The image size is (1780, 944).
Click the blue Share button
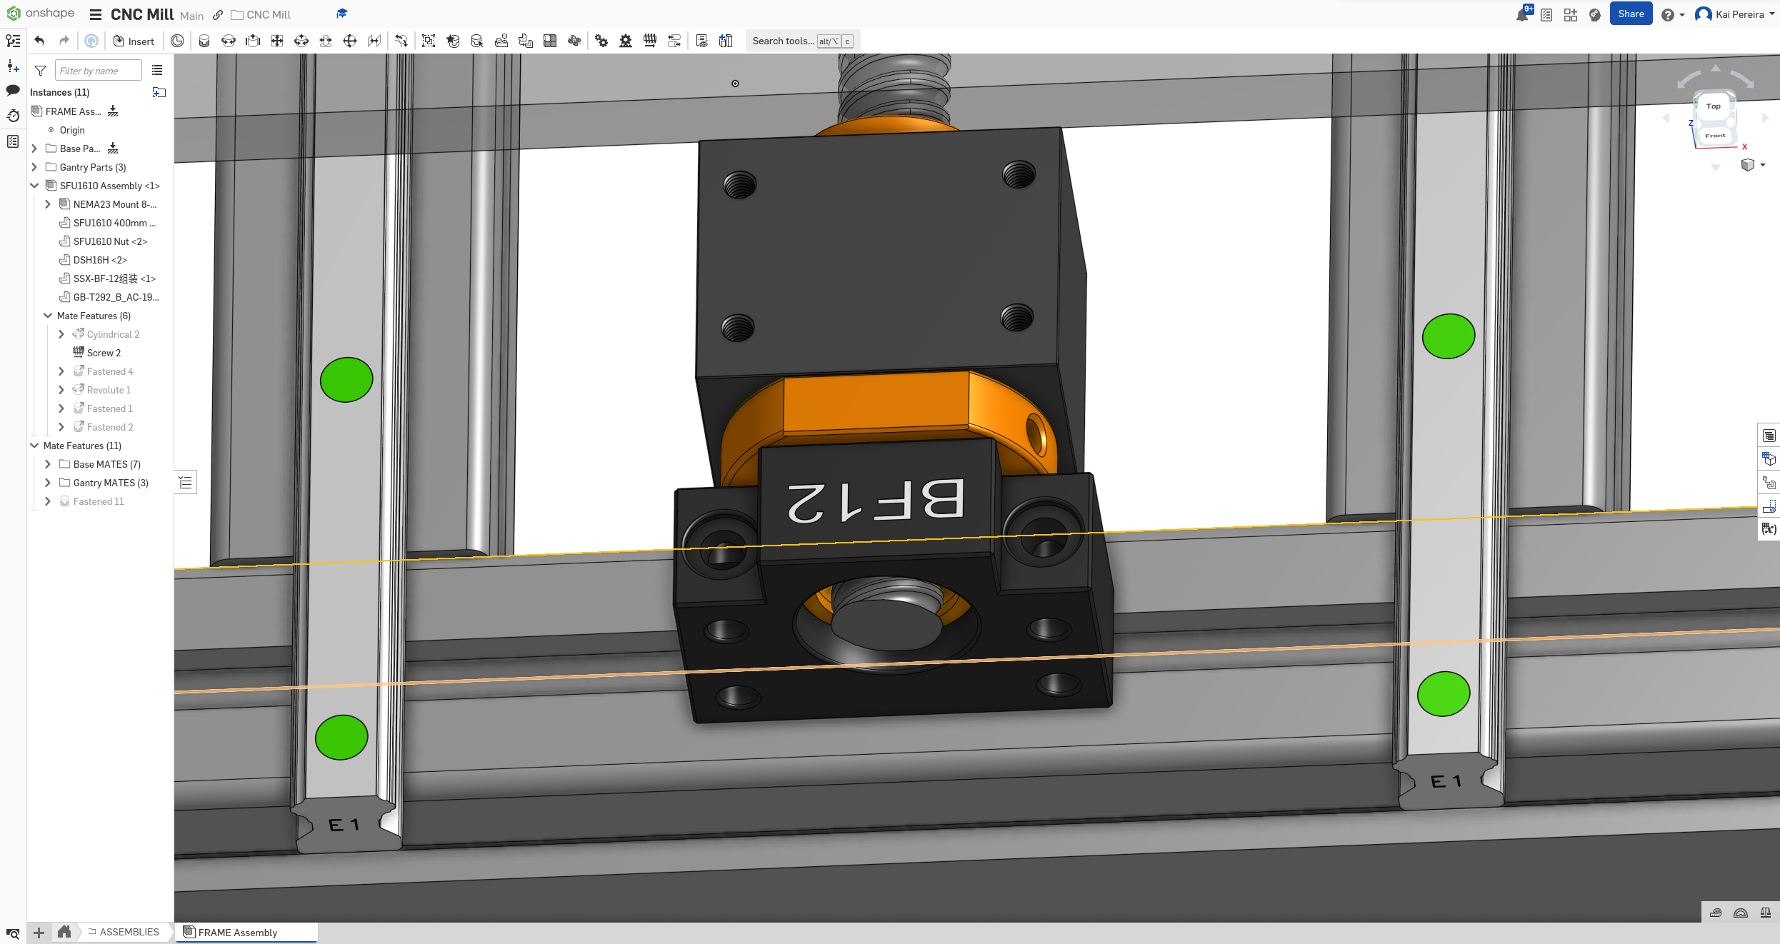coord(1631,14)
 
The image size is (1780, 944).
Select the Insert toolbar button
coord(134,41)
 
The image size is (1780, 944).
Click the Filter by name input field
coord(98,71)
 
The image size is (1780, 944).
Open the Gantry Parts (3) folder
coord(93,167)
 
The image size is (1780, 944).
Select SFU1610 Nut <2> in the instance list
coord(110,241)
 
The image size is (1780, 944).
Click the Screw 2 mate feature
coord(104,353)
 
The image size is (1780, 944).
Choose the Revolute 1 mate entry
coord(109,390)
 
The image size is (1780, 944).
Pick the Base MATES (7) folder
coord(106,464)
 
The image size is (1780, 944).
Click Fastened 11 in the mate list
coord(98,501)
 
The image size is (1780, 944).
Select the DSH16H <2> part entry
coord(100,260)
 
